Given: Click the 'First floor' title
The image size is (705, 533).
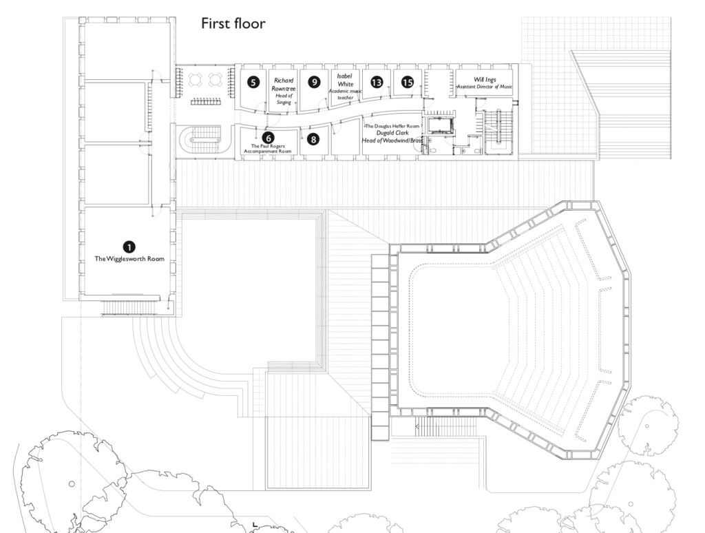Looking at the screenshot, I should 233,24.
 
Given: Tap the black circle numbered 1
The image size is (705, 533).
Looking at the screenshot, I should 129,246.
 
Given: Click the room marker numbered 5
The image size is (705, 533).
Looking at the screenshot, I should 254,82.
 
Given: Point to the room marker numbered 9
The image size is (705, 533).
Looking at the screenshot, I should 314,82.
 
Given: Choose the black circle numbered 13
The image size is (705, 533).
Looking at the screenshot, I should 376,82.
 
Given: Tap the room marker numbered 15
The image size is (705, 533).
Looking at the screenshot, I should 408,82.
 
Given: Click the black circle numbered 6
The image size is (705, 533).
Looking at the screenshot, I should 269,137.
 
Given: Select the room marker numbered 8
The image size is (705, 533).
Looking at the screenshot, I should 314,139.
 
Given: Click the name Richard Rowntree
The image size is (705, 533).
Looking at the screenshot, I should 283,85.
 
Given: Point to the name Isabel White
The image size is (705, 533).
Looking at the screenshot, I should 345,80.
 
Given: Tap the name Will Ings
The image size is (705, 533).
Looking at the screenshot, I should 485,79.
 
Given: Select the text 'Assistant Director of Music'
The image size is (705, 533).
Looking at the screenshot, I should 485,87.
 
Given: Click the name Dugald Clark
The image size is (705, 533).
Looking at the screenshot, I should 391,134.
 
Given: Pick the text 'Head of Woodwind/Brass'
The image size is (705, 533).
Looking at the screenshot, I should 391,141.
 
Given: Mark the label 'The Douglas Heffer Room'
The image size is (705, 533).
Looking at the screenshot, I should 391,127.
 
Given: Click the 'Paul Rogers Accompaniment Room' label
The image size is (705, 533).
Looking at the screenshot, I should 269,149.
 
